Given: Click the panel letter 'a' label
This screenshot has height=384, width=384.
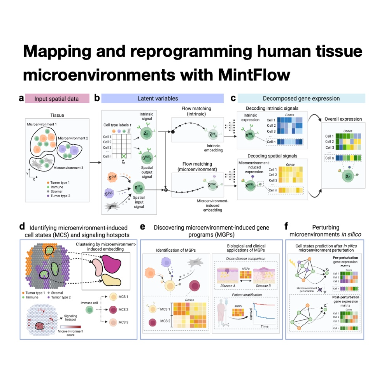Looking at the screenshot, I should [21, 98].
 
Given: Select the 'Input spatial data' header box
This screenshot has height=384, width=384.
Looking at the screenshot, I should [57, 98].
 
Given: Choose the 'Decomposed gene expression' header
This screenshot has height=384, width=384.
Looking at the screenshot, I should [301, 98].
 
